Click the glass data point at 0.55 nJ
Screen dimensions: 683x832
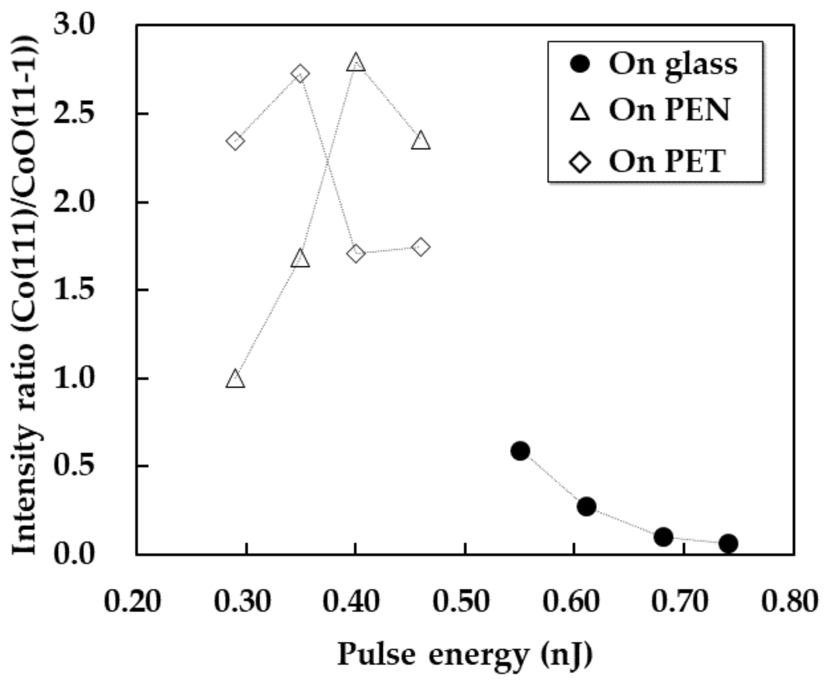click(x=520, y=451)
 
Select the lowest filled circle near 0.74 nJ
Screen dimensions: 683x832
click(x=728, y=543)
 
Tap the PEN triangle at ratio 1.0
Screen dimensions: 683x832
click(x=235, y=379)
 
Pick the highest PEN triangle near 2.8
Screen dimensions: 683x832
click(x=356, y=62)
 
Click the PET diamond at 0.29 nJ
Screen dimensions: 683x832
click(x=235, y=141)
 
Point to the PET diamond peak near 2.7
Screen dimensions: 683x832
click(x=300, y=74)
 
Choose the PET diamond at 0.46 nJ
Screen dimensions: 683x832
click(x=421, y=247)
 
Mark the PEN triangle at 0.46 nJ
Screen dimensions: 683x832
click(x=421, y=141)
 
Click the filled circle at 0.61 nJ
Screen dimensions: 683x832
click(x=586, y=507)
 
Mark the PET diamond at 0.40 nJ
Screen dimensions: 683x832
click(x=356, y=253)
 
